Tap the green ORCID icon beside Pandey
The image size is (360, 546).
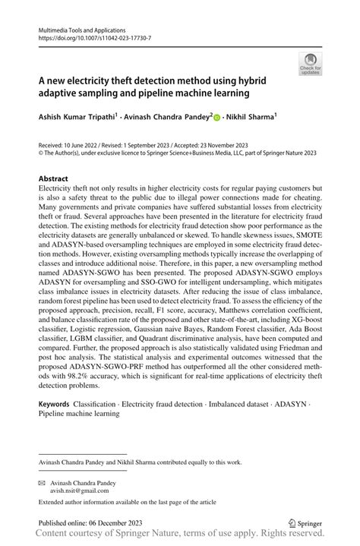(x=216, y=118)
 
